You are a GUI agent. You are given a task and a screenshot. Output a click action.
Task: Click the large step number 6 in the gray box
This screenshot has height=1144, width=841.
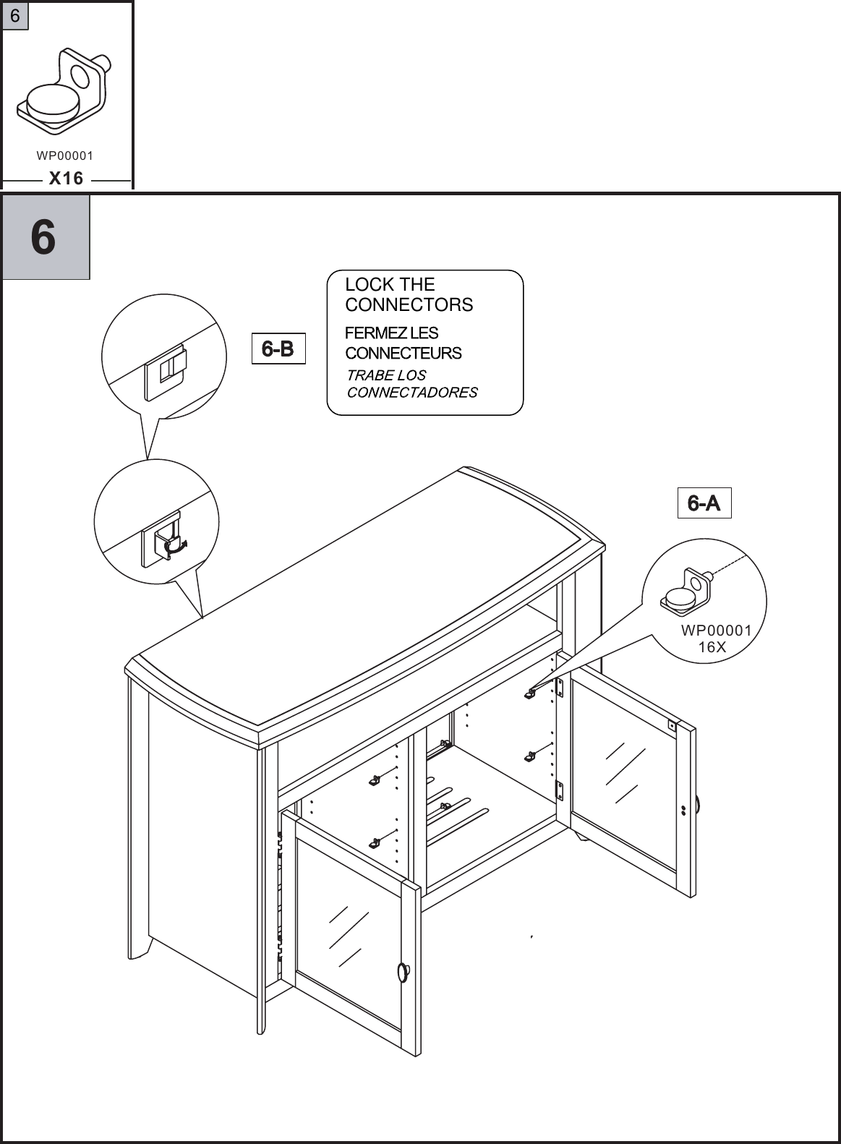click(x=44, y=236)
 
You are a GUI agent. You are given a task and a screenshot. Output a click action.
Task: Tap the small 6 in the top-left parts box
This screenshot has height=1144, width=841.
click(x=14, y=16)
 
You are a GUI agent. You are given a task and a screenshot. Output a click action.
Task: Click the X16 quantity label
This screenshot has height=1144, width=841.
click(x=66, y=178)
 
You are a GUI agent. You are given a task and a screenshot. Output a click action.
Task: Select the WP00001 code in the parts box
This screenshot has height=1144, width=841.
click(x=65, y=155)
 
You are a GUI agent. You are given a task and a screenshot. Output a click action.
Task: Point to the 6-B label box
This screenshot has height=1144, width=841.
click(x=278, y=349)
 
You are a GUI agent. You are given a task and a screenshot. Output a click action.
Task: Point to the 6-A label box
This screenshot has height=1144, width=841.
click(x=704, y=503)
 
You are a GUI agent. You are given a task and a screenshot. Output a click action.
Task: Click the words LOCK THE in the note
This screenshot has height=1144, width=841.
click(x=390, y=285)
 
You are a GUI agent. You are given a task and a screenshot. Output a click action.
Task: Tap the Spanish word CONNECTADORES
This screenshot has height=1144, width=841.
click(x=412, y=393)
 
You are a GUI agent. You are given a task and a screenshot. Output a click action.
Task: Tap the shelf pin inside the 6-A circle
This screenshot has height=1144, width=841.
click(x=686, y=589)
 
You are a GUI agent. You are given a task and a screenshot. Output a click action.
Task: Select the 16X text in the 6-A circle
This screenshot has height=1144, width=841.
click(x=712, y=647)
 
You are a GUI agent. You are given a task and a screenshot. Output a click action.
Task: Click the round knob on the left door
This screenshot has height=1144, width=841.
click(x=404, y=972)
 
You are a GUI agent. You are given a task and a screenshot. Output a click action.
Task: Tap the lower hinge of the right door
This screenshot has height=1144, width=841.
click(x=559, y=789)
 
